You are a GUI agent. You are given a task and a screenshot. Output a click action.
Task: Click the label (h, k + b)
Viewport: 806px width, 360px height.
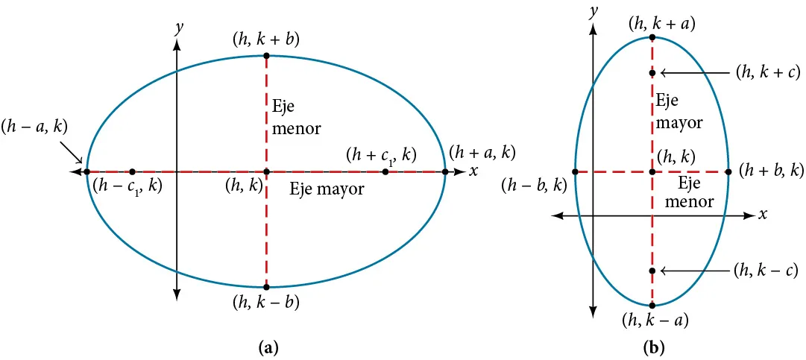[x=266, y=38]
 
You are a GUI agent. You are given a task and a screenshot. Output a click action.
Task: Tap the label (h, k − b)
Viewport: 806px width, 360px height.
[x=266, y=303]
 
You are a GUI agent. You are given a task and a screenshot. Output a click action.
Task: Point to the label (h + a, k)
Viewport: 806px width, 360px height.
[x=482, y=153]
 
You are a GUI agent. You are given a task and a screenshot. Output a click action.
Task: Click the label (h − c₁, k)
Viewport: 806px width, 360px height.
[x=127, y=187]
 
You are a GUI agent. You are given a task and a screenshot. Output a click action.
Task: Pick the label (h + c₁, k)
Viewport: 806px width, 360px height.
[x=381, y=156]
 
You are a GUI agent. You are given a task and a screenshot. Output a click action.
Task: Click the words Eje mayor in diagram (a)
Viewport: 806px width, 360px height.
[x=327, y=189]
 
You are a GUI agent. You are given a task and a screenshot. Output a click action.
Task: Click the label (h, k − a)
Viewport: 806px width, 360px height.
[x=655, y=321]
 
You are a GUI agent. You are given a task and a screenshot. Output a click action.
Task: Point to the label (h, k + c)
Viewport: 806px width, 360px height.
[x=768, y=72]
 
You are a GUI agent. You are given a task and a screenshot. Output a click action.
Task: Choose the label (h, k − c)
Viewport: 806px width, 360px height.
[x=766, y=270]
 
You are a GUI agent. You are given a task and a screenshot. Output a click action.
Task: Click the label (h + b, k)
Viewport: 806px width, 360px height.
[x=771, y=171]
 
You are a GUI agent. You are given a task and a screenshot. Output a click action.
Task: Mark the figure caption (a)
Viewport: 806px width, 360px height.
[x=268, y=347]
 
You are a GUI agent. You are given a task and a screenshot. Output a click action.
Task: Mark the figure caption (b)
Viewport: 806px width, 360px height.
[x=653, y=347]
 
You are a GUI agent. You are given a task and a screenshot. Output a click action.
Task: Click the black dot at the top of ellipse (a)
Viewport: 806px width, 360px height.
[x=266, y=56]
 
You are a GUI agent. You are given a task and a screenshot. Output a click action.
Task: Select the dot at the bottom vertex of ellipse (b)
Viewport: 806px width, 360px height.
[x=652, y=305]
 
